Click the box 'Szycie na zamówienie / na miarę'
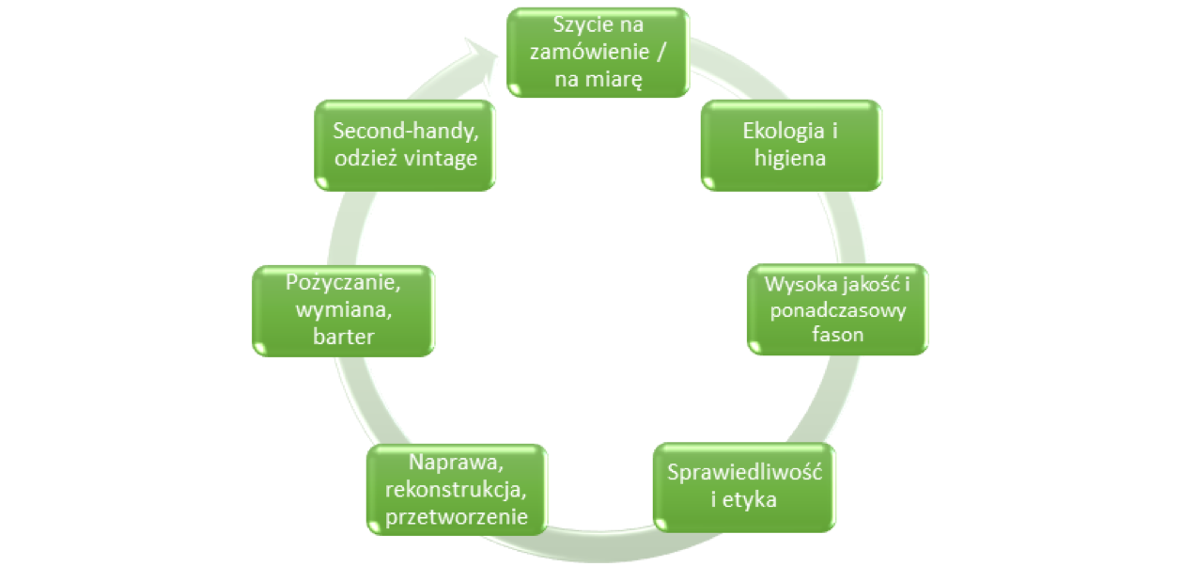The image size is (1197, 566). (x=598, y=52)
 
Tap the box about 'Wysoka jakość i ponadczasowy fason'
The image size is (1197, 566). (x=836, y=309)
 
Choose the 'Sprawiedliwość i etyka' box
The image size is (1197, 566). (x=744, y=485)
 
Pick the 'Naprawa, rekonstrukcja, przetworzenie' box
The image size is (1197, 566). (x=456, y=489)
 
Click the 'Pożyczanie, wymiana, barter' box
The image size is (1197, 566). (x=343, y=309)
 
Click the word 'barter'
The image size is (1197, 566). (x=343, y=337)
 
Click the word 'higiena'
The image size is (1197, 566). (x=790, y=158)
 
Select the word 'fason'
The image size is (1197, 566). (x=836, y=336)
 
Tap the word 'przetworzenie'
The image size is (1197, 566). (x=456, y=516)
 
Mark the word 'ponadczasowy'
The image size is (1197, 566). (x=836, y=310)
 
